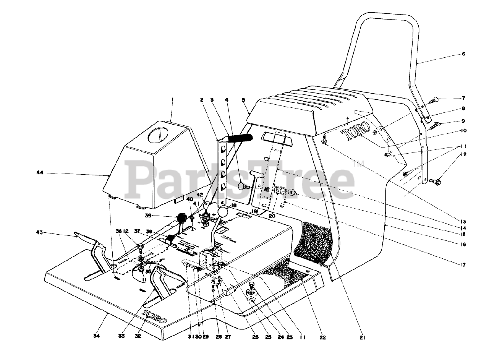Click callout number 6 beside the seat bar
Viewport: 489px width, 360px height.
[463, 54]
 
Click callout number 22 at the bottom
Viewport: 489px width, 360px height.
[323, 337]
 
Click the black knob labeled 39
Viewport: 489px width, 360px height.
[183, 218]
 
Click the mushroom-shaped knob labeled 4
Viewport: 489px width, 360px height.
[243, 186]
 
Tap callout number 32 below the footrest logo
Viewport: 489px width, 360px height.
[138, 336]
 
